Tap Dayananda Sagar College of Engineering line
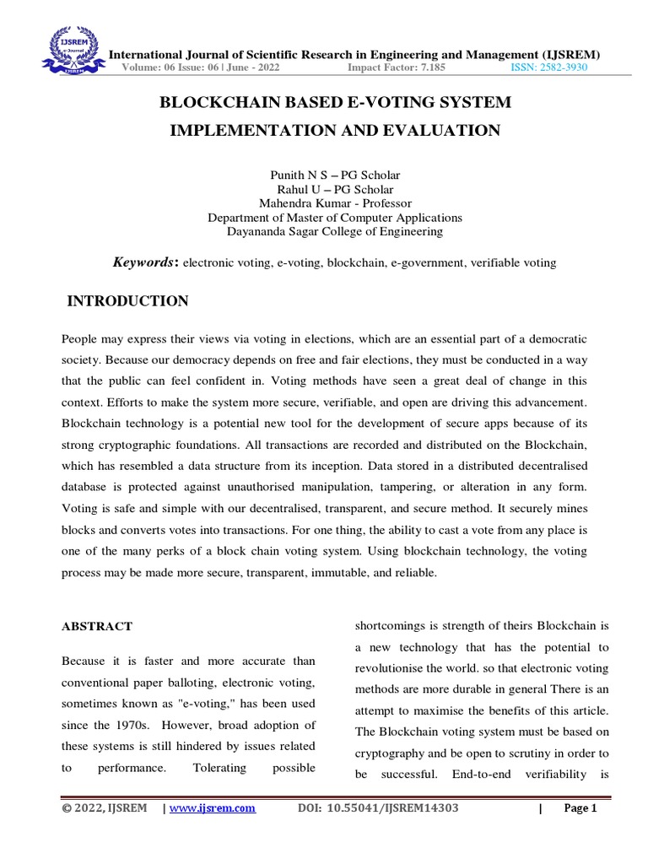pyautogui.click(x=335, y=231)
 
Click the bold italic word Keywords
pyautogui.click(x=143, y=262)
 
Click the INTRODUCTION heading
pyautogui.click(x=127, y=301)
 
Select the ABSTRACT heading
pyautogui.click(x=97, y=626)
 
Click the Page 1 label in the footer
pyautogui.click(x=580, y=808)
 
